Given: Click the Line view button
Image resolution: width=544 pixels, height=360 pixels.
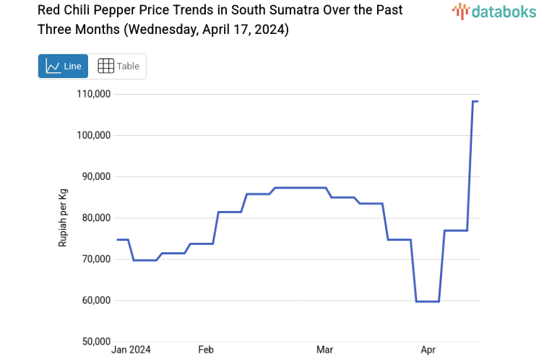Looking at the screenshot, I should (x=63, y=66).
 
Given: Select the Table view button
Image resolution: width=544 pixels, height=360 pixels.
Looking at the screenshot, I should (x=118, y=66).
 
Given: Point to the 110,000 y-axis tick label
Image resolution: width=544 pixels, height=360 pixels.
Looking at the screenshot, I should (x=92, y=94).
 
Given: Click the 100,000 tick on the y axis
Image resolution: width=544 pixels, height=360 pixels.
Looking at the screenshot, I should (x=92, y=135).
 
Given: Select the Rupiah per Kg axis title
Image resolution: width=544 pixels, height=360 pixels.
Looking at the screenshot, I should (x=63, y=218).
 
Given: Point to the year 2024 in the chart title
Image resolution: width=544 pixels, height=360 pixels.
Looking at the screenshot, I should (x=271, y=30).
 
